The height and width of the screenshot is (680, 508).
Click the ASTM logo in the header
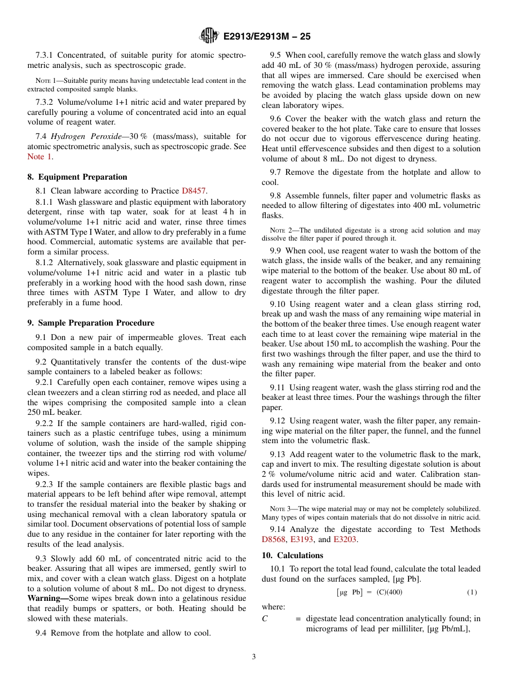(209, 36)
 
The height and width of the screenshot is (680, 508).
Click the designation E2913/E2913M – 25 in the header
(266, 36)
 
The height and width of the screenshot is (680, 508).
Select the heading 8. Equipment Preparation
(77, 177)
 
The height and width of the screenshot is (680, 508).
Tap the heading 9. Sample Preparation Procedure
(91, 323)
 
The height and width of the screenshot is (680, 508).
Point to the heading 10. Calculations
(293, 555)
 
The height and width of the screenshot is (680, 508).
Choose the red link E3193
(302, 539)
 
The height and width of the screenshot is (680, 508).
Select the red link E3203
(344, 539)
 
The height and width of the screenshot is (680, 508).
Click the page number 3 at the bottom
(253, 656)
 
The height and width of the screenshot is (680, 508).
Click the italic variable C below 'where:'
(265, 619)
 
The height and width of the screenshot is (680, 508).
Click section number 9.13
(280, 454)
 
